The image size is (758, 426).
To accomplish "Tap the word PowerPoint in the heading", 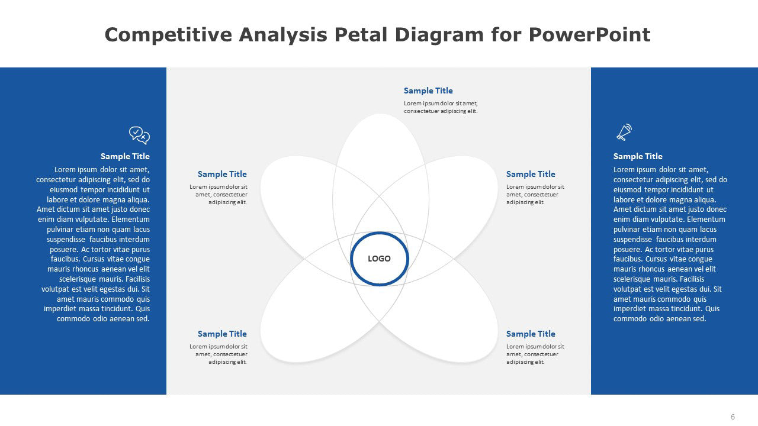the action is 589,35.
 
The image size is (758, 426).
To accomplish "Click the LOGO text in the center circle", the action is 379,259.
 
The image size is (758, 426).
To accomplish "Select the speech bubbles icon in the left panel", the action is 139,135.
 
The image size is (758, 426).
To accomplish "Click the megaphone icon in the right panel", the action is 624,132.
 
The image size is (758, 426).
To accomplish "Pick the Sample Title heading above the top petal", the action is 428,91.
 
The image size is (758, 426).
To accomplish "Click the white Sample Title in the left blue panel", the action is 125,156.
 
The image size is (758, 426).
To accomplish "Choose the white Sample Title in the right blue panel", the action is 638,156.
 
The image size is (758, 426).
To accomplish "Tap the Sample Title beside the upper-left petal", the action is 222,174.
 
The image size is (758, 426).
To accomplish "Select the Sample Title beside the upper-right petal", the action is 531,174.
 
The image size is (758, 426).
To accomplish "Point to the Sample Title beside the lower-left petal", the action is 222,334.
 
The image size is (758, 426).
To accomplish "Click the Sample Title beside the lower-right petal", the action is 531,334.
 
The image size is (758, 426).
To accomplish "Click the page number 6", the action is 733,417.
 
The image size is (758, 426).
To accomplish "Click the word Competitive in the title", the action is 168,35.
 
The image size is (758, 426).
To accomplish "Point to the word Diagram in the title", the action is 439,35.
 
